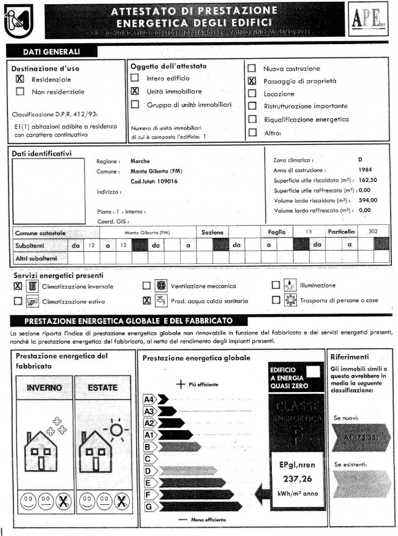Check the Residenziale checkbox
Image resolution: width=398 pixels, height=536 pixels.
pos(20,80)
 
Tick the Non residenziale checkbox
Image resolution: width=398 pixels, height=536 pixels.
pos(20,92)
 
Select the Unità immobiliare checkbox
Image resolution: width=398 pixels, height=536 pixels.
pos(135,91)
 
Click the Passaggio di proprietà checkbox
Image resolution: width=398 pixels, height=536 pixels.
pos(252,81)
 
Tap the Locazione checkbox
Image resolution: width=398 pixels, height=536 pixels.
pos(252,94)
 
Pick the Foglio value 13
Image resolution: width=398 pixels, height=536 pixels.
pos(309,232)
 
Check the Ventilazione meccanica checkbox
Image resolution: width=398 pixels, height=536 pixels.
pos(146,285)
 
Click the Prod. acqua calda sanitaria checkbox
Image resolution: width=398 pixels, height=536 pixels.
pos(146,300)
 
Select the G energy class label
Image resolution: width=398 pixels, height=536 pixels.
pos(148,507)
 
